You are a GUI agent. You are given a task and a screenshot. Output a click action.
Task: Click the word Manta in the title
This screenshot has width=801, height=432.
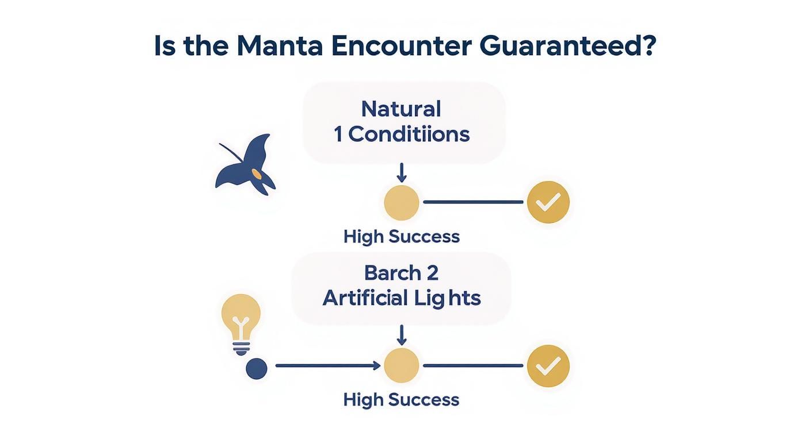[280, 46]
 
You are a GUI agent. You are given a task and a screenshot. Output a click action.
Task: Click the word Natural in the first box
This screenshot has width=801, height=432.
[401, 109]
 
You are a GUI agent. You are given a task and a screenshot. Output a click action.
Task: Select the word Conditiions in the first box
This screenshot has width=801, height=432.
[409, 134]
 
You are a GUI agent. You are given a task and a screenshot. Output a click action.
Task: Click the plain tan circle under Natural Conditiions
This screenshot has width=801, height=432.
[402, 202]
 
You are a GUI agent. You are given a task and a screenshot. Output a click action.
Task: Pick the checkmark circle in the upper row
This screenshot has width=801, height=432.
[548, 202]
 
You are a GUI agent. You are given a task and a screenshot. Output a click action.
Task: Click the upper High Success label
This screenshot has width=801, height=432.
[402, 236]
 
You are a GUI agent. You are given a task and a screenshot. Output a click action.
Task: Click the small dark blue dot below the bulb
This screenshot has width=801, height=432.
[257, 368]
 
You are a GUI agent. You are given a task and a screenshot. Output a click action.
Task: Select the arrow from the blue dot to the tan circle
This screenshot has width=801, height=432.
[328, 365]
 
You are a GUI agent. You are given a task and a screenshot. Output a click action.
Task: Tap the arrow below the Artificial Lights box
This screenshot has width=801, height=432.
[402, 335]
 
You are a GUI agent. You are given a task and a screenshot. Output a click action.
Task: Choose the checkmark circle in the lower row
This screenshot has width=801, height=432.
[548, 365]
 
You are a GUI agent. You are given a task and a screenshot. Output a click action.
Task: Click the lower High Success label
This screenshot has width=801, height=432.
[402, 399]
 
